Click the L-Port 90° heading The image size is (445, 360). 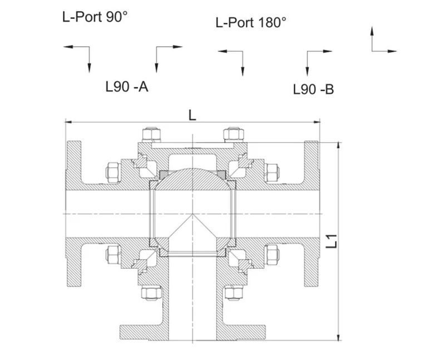[x=95, y=17]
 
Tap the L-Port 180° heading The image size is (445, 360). [x=251, y=22]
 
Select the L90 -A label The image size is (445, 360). [x=127, y=87]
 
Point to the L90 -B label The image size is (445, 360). [x=313, y=90]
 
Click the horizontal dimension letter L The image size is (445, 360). [x=192, y=115]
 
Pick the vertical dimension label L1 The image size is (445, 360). [x=331, y=241]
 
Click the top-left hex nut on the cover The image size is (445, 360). [x=151, y=135]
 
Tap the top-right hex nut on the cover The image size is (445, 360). [x=234, y=135]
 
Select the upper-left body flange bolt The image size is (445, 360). [x=113, y=172]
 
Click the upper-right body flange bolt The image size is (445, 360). [x=272, y=172]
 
